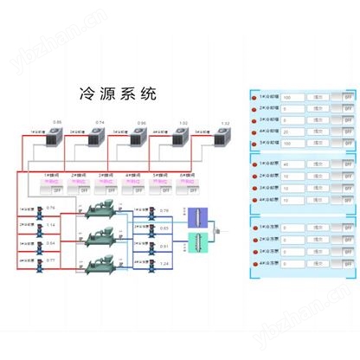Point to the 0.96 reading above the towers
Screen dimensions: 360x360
pyautogui.click(x=141, y=123)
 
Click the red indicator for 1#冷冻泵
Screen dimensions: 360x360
pyautogui.click(x=254, y=228)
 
